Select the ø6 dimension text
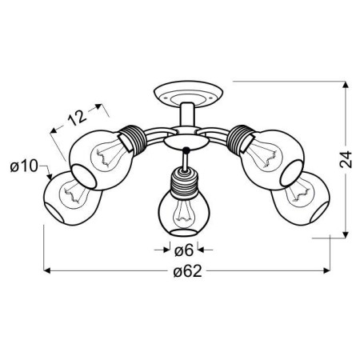tap(182, 250)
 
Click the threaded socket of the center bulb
tap(182, 182)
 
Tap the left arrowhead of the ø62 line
tap(46, 272)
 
